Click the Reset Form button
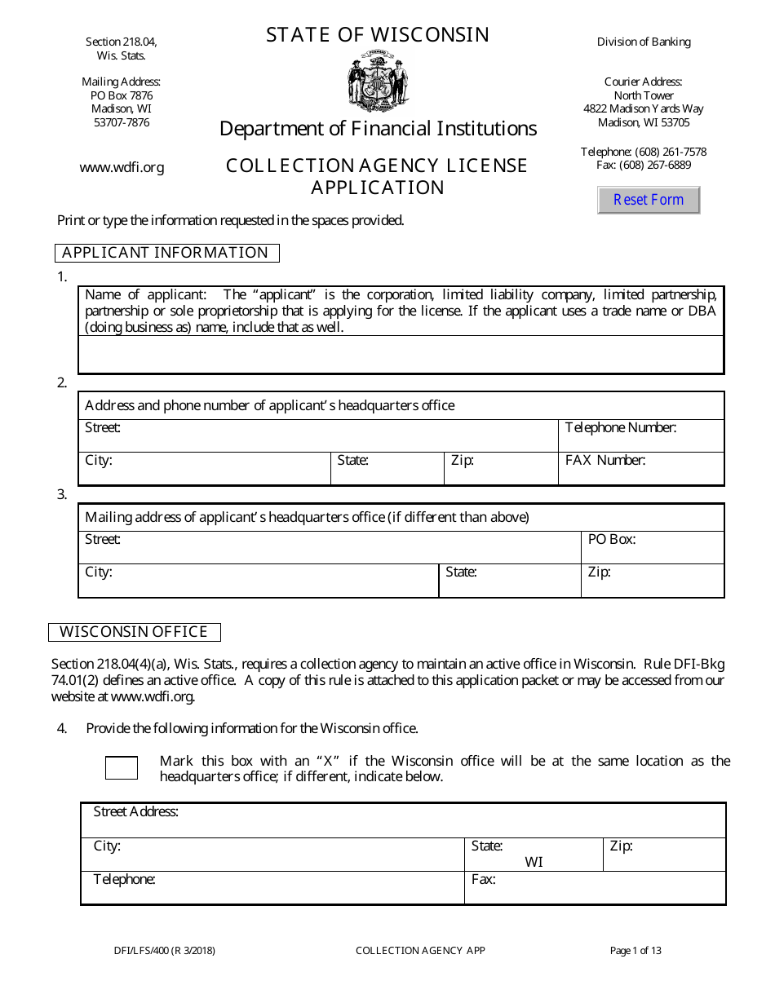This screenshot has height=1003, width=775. pos(649,200)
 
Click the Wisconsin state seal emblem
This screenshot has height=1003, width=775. pos(377,81)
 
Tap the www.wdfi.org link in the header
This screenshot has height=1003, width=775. pos(122,167)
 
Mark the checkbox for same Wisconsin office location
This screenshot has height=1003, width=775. pos(122,767)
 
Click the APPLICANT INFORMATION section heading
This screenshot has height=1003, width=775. pos(166,253)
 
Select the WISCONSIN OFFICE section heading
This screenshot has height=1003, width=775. pos(134,632)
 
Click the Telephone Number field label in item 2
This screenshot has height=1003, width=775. pos(620,427)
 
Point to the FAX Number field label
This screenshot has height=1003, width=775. pos(604,460)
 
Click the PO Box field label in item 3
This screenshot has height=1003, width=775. pos(611,539)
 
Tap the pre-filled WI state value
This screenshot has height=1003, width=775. pos(534,862)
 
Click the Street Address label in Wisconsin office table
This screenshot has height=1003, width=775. pos(135,811)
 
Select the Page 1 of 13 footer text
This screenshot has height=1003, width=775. pos(635,950)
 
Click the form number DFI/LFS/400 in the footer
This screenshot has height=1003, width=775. pos(165,950)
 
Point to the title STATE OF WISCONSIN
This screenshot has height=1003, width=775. pos(378,35)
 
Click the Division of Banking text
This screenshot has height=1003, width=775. pos(644,42)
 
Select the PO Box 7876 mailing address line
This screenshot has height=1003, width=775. pos(121,95)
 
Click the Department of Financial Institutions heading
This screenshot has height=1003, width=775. pos(378,129)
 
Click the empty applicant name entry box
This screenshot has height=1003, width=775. pos(401,355)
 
